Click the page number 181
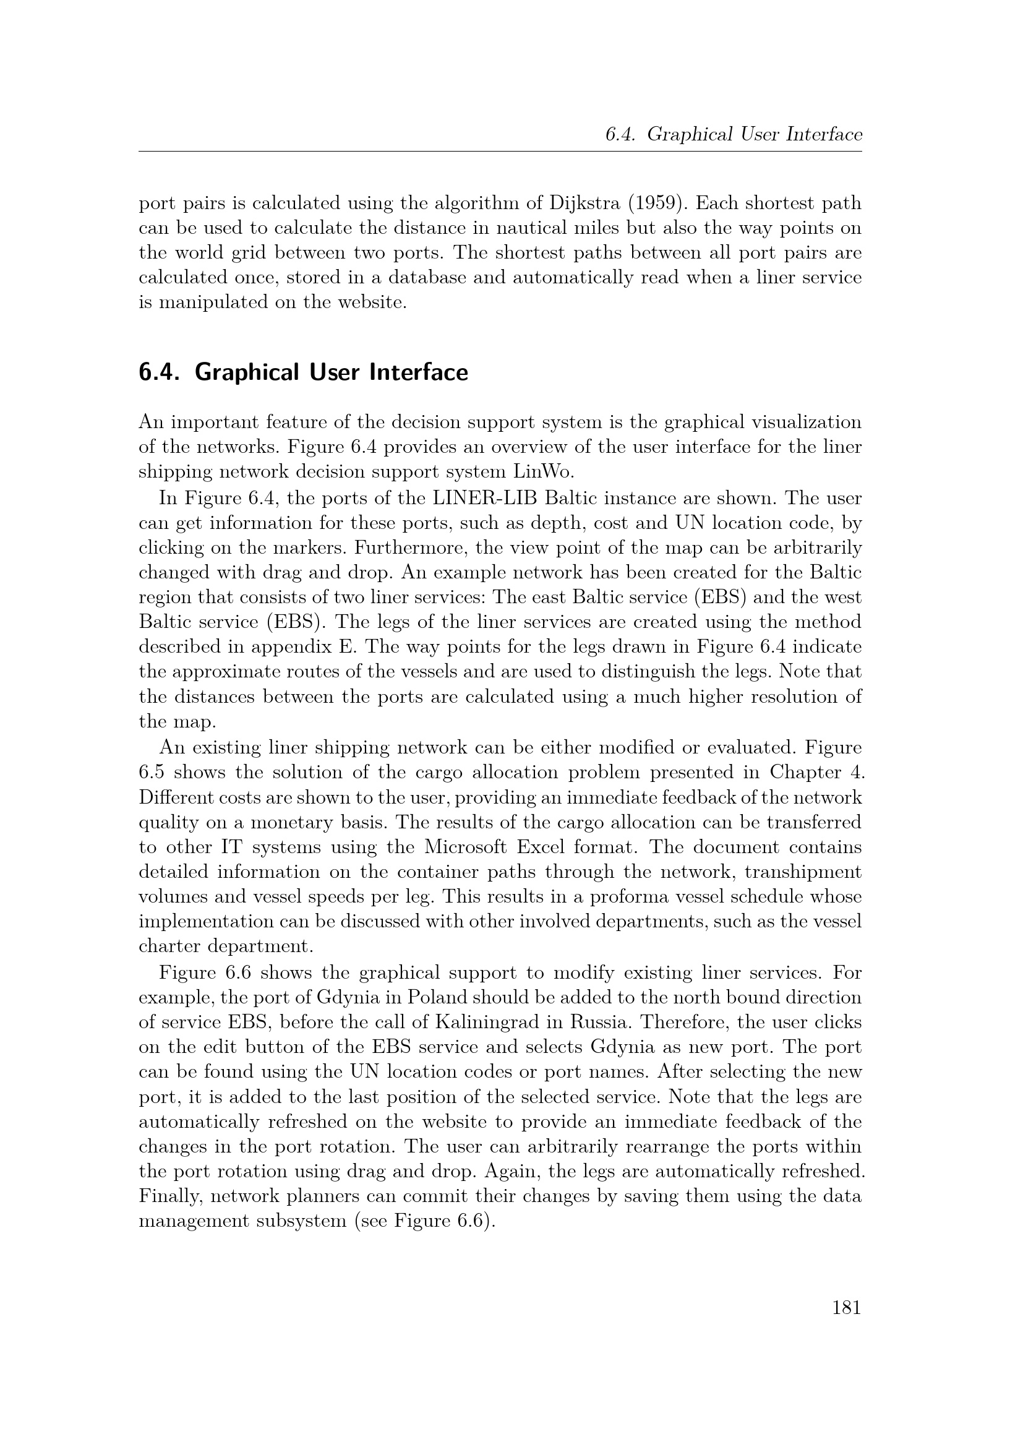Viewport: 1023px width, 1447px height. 846,1308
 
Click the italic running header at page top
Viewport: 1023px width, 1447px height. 732,134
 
